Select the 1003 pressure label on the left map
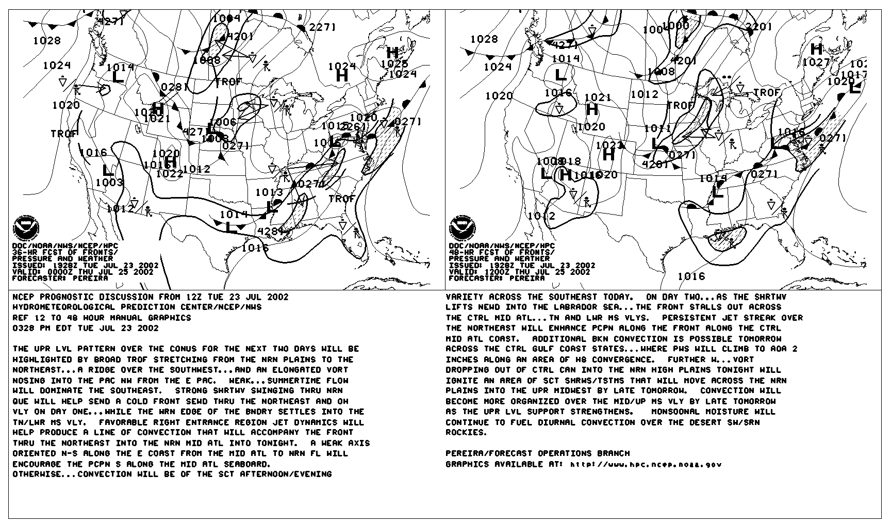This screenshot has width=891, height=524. (x=109, y=183)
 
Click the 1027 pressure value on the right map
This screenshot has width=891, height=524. (x=816, y=63)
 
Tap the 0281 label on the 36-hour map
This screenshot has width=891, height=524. (x=175, y=87)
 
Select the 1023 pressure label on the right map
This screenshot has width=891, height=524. (x=609, y=145)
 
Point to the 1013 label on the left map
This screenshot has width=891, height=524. (x=269, y=192)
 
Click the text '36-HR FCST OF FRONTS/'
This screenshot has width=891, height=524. (x=64, y=252)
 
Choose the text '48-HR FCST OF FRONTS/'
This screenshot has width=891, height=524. (x=501, y=252)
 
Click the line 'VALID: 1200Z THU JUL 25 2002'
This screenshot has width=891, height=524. (x=520, y=272)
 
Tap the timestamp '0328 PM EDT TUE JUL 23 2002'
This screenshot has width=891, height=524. (x=86, y=328)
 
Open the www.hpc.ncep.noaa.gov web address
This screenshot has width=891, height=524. (x=646, y=464)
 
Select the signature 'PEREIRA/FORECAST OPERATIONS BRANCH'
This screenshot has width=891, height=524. (x=537, y=453)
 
